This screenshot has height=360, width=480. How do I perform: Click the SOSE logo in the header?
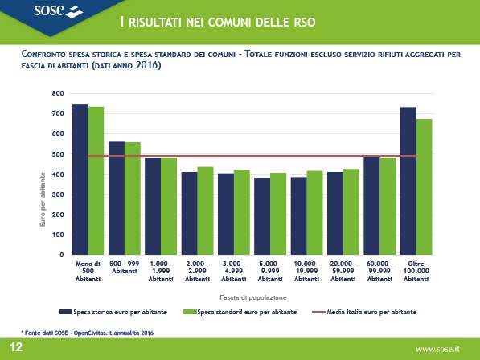[x=58, y=10]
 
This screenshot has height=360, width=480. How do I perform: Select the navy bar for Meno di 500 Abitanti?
[x=80, y=179]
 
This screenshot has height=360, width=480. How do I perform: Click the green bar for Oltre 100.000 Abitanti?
[x=424, y=187]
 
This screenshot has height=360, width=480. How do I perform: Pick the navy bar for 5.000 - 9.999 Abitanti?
[x=262, y=216]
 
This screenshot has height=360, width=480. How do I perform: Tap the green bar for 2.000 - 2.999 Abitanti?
[x=205, y=211]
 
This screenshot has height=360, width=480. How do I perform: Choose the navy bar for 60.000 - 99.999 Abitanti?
[x=371, y=205]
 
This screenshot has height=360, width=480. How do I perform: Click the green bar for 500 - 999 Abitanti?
[x=132, y=198]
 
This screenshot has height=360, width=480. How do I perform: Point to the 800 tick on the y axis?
[x=58, y=93]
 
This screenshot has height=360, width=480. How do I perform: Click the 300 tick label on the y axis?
[x=58, y=194]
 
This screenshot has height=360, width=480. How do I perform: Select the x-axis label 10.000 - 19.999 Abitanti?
[x=307, y=272]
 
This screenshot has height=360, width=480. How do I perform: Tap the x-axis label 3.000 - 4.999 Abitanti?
[x=234, y=272]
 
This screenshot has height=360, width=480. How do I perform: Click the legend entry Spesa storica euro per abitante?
[x=113, y=312]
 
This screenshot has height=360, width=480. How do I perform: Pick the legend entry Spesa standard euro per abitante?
[x=240, y=312]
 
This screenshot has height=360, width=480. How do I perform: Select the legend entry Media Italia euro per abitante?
[x=364, y=312]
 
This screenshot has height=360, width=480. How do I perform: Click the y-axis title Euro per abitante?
[x=43, y=199]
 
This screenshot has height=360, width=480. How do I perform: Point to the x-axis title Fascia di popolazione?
[x=252, y=297]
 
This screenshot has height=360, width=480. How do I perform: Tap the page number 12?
[x=16, y=347]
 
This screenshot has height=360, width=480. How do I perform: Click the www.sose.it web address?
[x=437, y=349]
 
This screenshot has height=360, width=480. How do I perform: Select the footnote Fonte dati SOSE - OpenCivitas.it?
[x=88, y=333]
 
